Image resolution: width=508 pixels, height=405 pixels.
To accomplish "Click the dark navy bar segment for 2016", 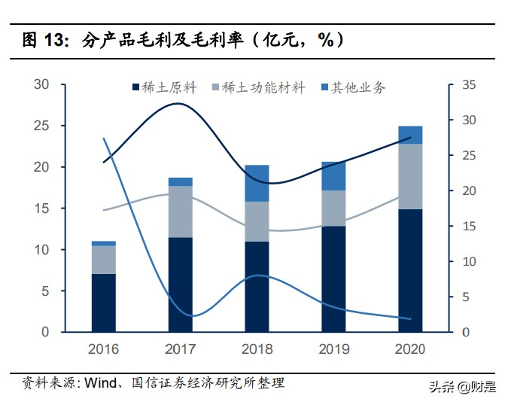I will coord(103,303).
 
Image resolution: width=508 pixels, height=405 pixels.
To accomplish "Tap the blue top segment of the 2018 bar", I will coord(257,183).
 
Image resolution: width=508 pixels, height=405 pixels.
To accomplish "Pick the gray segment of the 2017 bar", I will coord(180,212).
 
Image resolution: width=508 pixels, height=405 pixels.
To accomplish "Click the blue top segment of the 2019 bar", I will coord(333,175).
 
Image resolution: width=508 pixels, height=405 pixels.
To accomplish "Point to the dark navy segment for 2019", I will coord(333,279).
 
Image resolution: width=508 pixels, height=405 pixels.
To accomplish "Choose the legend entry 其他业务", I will coord(354,88).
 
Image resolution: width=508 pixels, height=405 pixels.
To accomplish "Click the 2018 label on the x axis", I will coord(257,349).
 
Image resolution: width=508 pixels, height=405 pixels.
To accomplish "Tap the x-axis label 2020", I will coord(410,349).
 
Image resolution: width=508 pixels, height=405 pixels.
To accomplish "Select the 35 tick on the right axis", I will coord(468,85).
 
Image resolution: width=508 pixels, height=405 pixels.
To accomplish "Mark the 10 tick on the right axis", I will coord(468,261).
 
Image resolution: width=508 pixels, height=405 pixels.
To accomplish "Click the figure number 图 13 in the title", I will coord(35,40).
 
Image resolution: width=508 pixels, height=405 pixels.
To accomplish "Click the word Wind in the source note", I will coord(99,382).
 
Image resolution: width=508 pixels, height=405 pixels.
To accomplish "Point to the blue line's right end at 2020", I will coord(410,318).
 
